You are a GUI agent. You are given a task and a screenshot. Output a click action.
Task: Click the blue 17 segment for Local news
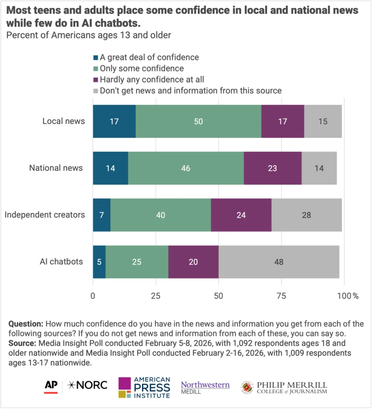pyautogui.click(x=114, y=121)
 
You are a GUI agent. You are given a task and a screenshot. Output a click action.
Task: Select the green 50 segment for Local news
pyautogui.click(x=198, y=121)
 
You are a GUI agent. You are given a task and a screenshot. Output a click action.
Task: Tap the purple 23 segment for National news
pyautogui.click(x=273, y=168)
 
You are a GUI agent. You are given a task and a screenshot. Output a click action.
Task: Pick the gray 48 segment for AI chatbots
pyautogui.click(x=279, y=262)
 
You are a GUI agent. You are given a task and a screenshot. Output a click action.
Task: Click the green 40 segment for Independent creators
pyautogui.click(x=161, y=215)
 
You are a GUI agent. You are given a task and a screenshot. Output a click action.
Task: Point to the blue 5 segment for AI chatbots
pyautogui.click(x=99, y=262)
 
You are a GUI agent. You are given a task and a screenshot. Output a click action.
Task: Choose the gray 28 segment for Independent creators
pyautogui.click(x=306, y=215)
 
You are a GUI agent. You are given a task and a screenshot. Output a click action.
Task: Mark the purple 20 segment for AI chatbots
pyautogui.click(x=193, y=262)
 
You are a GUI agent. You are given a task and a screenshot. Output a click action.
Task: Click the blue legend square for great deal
pyautogui.click(x=95, y=58)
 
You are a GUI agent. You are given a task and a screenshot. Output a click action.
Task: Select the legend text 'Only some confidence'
pyautogui.click(x=142, y=68)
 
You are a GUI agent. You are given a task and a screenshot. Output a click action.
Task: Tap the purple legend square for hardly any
pyautogui.click(x=95, y=79)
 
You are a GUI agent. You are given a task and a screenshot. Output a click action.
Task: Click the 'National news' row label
pyautogui.click(x=56, y=168)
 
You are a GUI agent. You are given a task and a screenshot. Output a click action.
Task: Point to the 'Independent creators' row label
pyautogui.click(x=45, y=215)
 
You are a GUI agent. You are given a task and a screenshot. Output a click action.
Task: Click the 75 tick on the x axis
pyautogui.click(x=281, y=296)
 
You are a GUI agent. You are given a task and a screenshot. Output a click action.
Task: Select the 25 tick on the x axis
pyautogui.click(x=155, y=296)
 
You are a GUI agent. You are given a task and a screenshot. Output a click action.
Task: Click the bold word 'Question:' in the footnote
pyautogui.click(x=26, y=323)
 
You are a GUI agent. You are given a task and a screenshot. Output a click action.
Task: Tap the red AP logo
pyautogui.click(x=51, y=386)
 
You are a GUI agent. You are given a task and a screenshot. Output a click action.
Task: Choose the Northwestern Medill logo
pyautogui.click(x=205, y=387)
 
